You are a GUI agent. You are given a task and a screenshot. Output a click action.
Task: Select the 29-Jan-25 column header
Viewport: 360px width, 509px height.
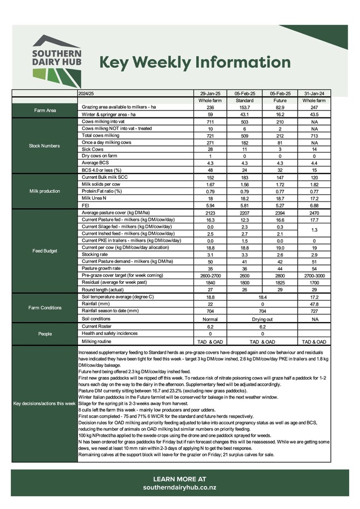coord(211,94)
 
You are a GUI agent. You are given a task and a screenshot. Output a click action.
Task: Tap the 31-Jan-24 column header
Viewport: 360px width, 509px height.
coord(314,94)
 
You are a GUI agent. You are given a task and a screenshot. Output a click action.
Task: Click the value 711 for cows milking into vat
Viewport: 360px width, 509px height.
coord(211,122)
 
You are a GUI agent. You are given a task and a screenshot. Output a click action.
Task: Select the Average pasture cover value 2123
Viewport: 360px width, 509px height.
coord(211,213)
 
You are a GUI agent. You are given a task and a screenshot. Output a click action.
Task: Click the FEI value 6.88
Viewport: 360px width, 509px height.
coord(314,205)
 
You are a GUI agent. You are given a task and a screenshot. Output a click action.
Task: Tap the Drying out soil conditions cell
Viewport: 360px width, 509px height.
coord(262,319)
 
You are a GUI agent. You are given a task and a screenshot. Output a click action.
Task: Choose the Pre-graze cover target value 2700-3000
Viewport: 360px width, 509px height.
coord(314,275)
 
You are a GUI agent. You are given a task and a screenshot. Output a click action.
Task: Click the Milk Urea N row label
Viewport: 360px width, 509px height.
coord(96,198)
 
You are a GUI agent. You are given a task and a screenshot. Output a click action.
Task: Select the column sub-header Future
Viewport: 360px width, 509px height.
coord(280,101)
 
